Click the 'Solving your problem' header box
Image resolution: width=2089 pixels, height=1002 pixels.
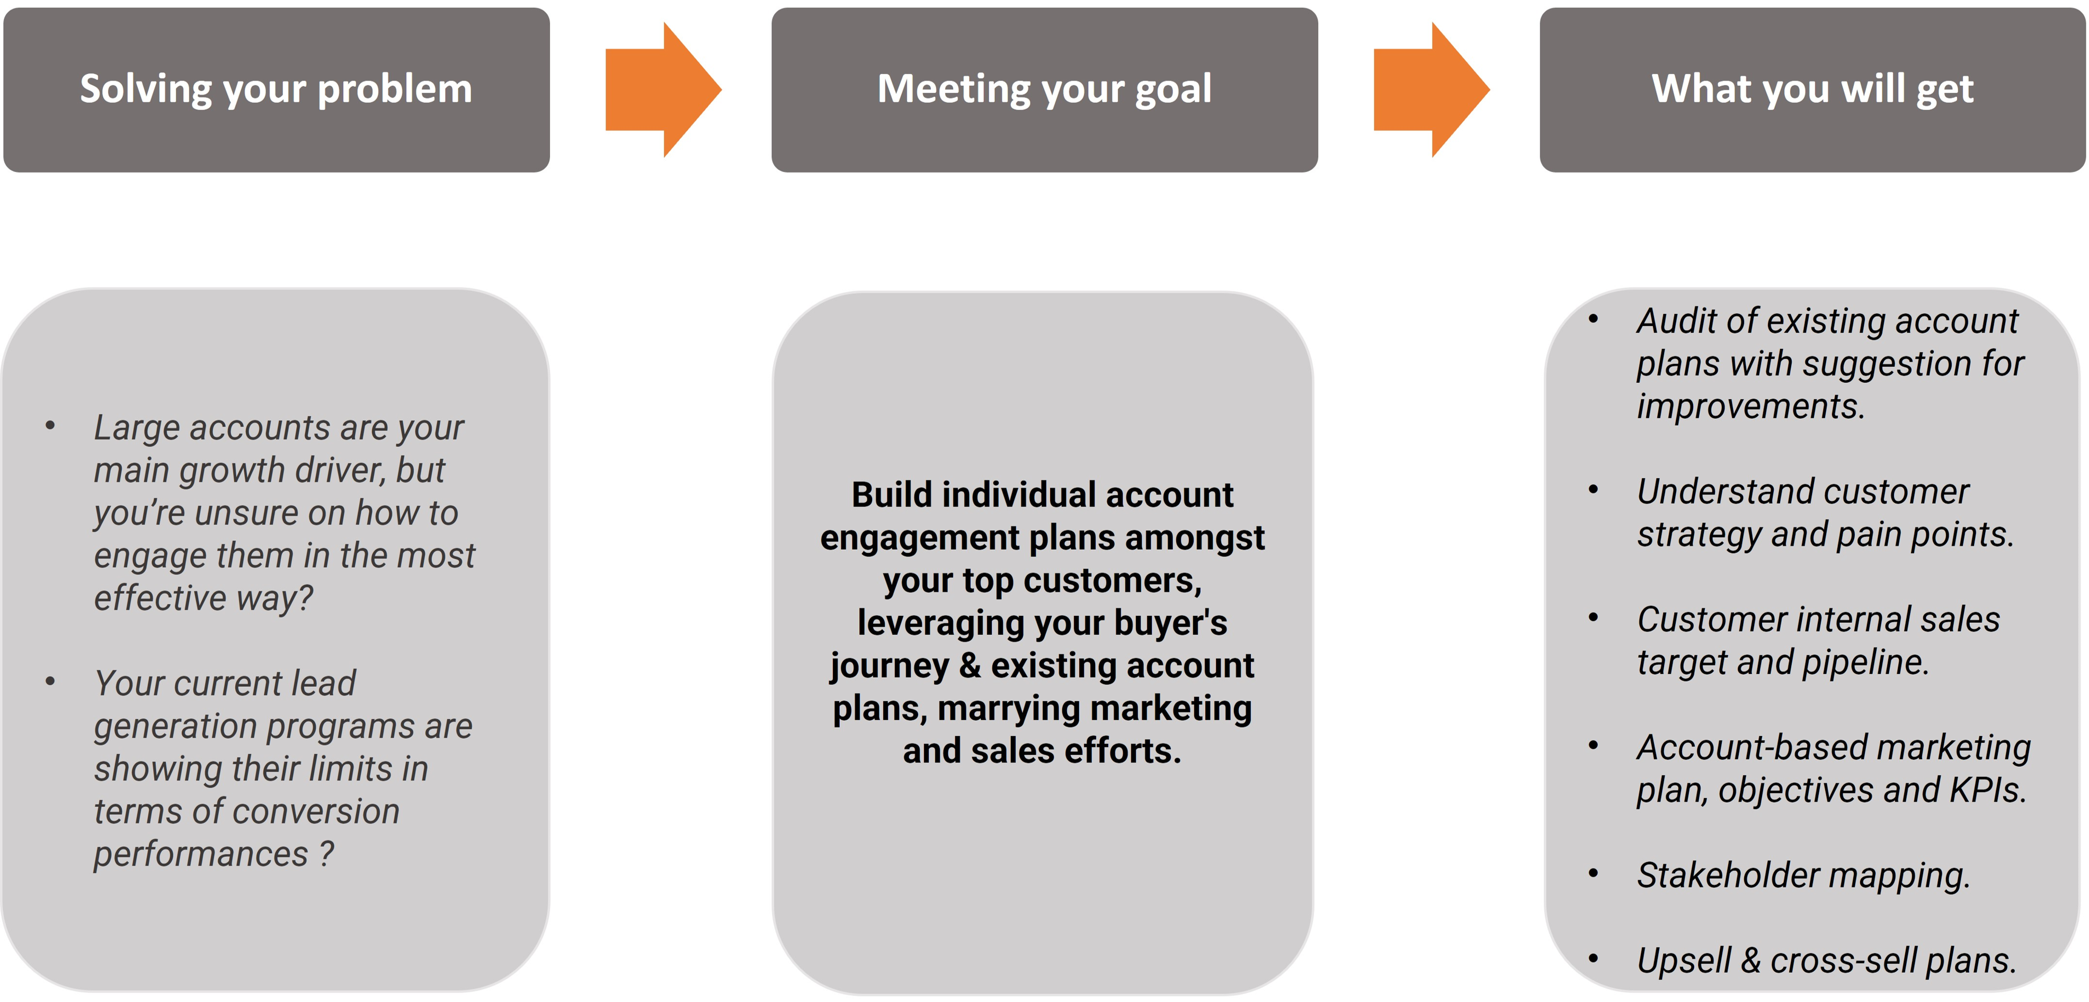(277, 90)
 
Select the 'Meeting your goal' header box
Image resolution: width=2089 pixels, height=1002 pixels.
(1045, 90)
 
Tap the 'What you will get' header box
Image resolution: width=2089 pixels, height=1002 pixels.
(1812, 90)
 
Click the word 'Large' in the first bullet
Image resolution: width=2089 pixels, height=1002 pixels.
(136, 428)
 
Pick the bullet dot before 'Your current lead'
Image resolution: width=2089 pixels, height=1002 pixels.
(50, 682)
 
